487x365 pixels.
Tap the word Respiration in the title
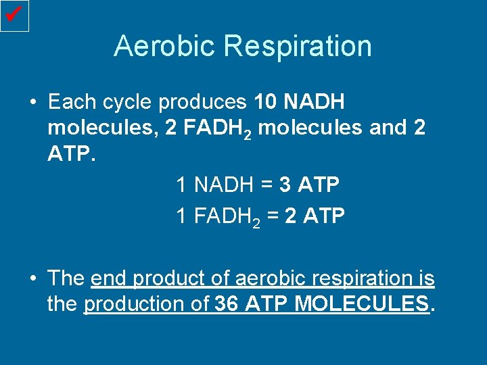tap(298, 46)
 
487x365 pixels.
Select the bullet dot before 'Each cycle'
tap(32, 103)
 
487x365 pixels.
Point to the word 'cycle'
tap(126, 103)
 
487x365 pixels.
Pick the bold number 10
tap(266, 103)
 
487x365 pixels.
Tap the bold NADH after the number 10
tap(315, 103)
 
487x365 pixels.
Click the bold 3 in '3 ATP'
tap(285, 184)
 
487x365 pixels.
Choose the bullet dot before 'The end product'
tap(32, 278)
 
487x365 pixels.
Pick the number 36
tap(227, 304)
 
